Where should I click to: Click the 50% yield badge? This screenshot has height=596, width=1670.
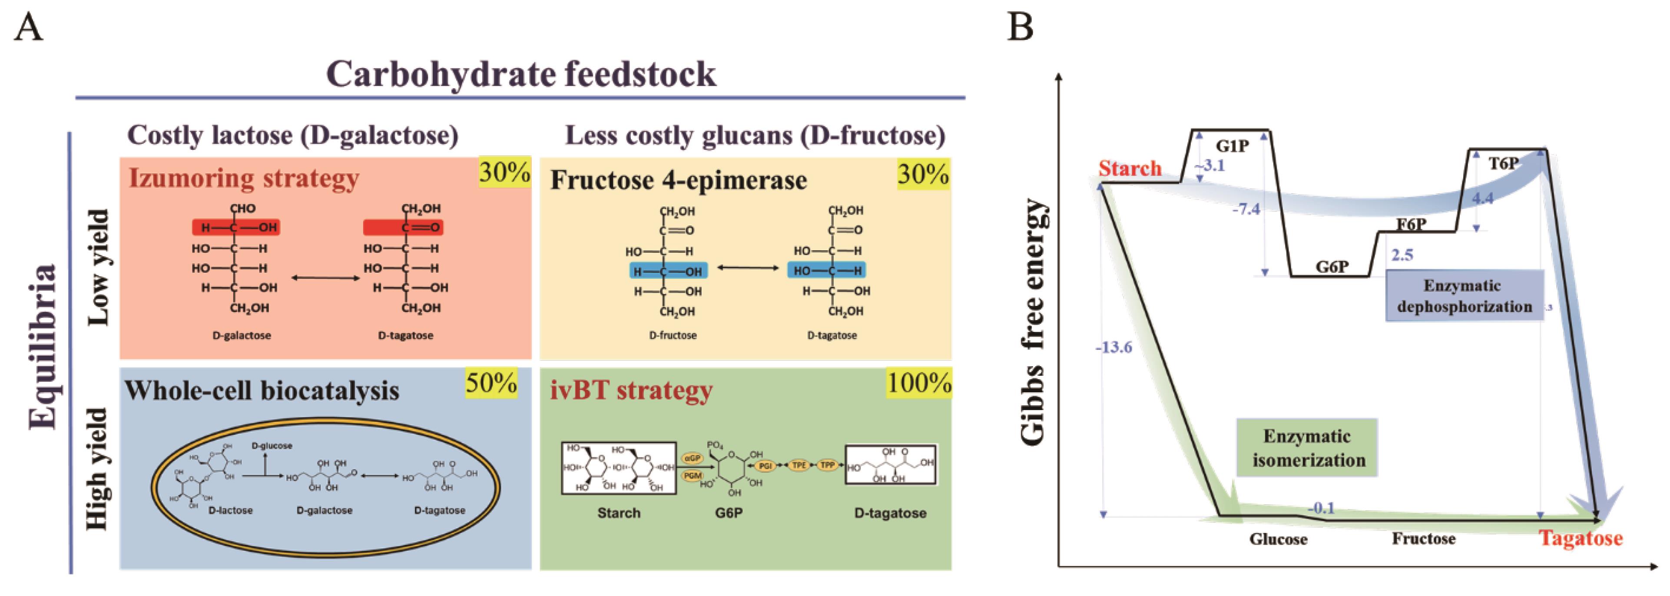[491, 383]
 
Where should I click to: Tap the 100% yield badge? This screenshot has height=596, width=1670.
[918, 383]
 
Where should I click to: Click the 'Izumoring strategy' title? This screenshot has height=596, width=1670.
[244, 178]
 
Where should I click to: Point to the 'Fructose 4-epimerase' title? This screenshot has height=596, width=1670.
[679, 180]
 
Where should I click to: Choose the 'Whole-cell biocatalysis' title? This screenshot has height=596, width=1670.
[262, 391]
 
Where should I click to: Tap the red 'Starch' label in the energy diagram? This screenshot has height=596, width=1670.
[1130, 169]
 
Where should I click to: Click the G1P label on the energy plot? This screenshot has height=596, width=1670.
[1232, 146]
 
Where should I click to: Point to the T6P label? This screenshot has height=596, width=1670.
[1503, 163]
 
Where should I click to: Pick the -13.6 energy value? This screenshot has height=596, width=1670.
[1114, 348]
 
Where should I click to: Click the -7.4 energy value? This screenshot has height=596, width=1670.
[1246, 209]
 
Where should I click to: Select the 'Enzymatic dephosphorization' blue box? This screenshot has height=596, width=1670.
[1464, 296]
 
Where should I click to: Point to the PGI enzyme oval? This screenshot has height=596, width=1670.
[765, 466]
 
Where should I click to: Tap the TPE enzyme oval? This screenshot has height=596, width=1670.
[799, 466]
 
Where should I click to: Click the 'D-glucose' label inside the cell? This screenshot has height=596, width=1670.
[272, 446]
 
